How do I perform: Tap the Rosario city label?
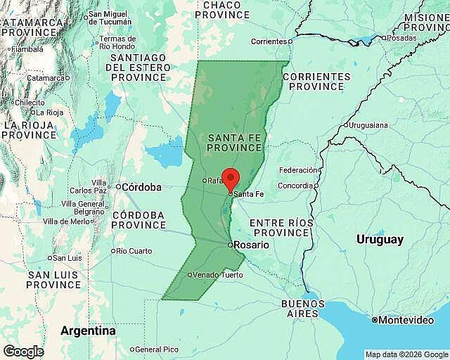click(251, 245)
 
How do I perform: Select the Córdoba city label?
click(141, 187)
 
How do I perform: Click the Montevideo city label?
click(406, 320)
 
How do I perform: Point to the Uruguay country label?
click(380, 240)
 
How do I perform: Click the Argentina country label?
click(88, 330)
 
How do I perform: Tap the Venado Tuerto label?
click(218, 275)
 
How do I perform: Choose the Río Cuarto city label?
click(134, 251)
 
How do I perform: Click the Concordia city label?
click(295, 186)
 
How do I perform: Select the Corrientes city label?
click(269, 41)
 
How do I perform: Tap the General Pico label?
click(156, 349)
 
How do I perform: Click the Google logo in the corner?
click(22, 351)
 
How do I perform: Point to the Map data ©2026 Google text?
click(406, 354)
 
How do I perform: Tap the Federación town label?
click(297, 170)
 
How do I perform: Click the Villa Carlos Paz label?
click(88, 186)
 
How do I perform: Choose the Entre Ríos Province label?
click(281, 228)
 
